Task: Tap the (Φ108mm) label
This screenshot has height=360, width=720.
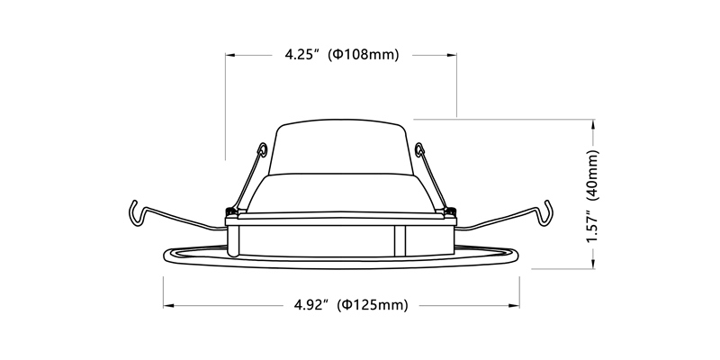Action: click(x=364, y=54)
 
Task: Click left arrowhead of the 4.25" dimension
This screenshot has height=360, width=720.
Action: click(x=230, y=54)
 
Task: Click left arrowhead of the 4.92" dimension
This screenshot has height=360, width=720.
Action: click(x=167, y=306)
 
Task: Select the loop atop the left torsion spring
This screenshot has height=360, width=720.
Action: click(x=261, y=148)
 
